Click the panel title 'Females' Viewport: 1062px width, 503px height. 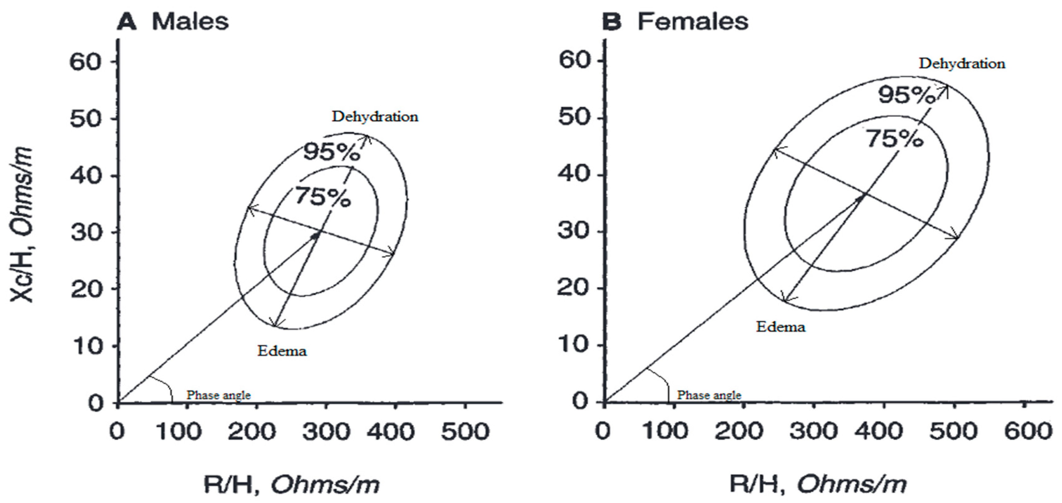coord(693,21)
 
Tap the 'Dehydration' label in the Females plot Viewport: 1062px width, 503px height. coord(962,64)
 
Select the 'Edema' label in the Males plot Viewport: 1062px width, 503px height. coord(282,351)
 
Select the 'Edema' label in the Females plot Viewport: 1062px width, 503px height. coord(780,327)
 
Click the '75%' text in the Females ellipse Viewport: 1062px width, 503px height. coord(894,139)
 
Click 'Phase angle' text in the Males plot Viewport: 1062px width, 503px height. coord(219,395)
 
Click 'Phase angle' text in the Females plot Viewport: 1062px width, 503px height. coord(709,395)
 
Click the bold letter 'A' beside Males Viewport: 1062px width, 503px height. coord(126,21)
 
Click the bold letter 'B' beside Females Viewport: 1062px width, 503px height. coord(611,21)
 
